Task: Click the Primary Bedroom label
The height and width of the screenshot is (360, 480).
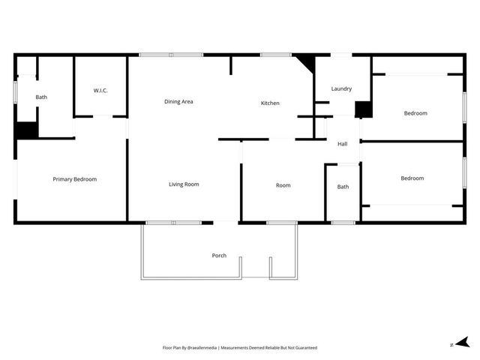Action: (x=74, y=179)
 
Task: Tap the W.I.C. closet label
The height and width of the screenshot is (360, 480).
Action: (x=100, y=91)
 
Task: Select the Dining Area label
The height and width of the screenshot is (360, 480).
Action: (x=178, y=101)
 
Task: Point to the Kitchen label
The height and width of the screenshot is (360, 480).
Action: (x=270, y=103)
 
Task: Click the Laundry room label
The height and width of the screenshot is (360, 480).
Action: (x=341, y=89)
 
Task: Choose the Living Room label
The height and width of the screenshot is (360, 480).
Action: (x=184, y=184)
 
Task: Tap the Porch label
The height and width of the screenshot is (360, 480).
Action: (x=219, y=256)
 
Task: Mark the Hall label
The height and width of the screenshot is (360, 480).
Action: (x=342, y=143)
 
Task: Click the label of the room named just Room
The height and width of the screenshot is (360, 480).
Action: (x=283, y=185)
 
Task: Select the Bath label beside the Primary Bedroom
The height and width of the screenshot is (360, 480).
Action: (x=41, y=97)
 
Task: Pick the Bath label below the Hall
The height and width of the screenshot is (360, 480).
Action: (x=343, y=187)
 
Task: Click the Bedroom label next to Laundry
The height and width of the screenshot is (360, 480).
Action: (x=415, y=113)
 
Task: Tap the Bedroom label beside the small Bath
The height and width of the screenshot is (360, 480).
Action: (x=412, y=178)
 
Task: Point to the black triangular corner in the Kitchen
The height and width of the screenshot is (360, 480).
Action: (x=306, y=61)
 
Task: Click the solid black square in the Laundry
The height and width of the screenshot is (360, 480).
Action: (x=363, y=109)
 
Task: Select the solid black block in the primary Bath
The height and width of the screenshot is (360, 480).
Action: (x=27, y=130)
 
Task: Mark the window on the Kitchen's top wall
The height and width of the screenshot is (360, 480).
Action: (x=276, y=54)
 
